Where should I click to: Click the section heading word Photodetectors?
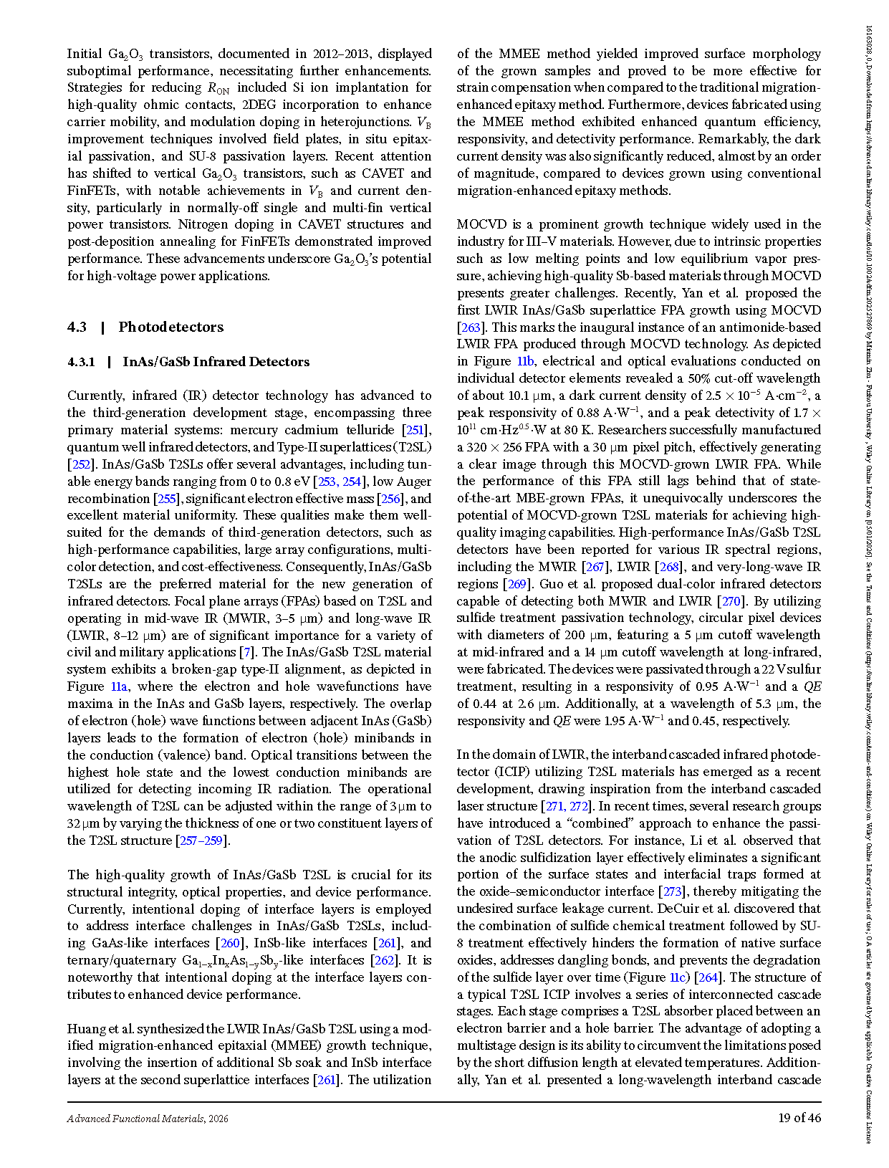pyautogui.click(x=170, y=327)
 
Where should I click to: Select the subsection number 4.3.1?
pyautogui.click(x=81, y=362)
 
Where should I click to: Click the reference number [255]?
pyautogui.click(x=166, y=499)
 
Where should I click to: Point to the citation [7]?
pyautogui.click(x=247, y=652)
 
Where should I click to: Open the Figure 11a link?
pyautogui.click(x=119, y=686)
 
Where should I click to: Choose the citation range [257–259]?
pyautogui.click(x=203, y=841)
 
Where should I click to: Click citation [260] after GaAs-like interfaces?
pyautogui.click(x=230, y=943)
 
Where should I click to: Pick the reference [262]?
pyautogui.click(x=384, y=960)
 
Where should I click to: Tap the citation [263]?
pyautogui.click(x=471, y=327)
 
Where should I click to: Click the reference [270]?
pyautogui.click(x=729, y=601)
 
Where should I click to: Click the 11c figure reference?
pyautogui.click(x=678, y=977)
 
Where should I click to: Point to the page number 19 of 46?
pyautogui.click(x=799, y=1118)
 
